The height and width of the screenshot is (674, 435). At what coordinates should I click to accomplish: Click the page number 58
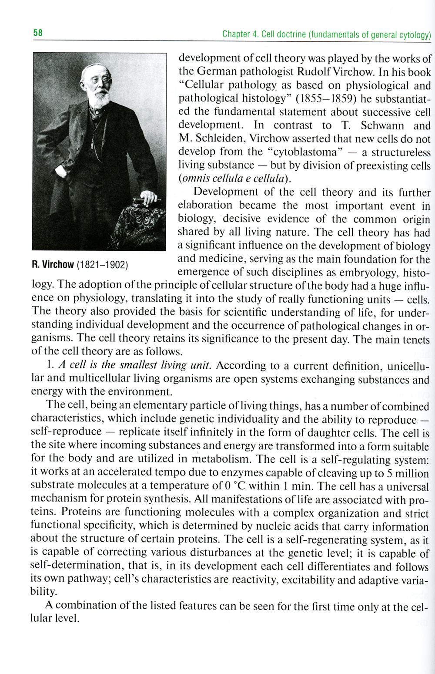pyautogui.click(x=38, y=33)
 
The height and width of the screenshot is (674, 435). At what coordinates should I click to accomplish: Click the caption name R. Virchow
pyautogui.click(x=53, y=265)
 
